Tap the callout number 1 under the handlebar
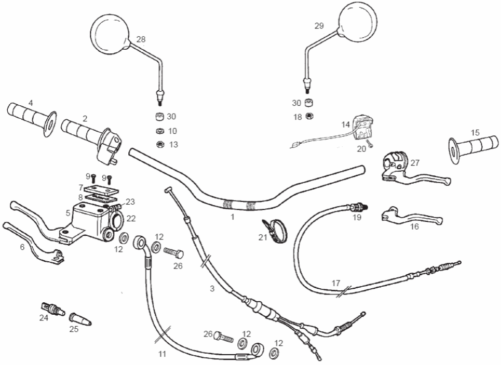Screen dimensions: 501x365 233,217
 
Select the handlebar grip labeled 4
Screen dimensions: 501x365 31,119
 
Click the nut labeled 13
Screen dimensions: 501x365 160,145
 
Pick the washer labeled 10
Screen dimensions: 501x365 160,131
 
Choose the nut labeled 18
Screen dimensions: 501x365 309,116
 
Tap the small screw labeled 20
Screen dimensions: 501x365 370,144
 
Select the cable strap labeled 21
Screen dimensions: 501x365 274,231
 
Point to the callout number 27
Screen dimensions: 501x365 415,163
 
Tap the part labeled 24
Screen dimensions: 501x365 53,309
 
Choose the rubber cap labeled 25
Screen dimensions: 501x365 80,319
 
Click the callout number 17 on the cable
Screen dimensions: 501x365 336,283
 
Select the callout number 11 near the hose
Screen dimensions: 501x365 163,354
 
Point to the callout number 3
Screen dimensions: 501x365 212,289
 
